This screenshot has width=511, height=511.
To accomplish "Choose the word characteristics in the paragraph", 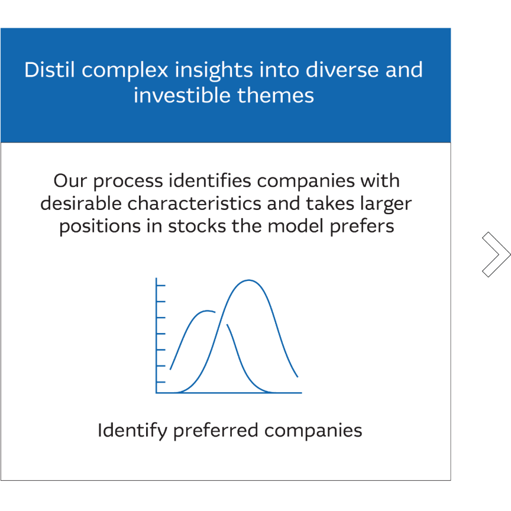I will click(x=196, y=203).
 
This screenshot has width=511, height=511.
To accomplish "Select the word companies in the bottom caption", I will click(x=313, y=431).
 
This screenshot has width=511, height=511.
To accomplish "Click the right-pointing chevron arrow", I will click(x=496, y=254).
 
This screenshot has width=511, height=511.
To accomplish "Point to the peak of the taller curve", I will click(x=249, y=280).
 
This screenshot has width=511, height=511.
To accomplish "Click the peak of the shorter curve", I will click(x=207, y=311).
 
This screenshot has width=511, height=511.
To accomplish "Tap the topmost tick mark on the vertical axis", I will click(x=161, y=286).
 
